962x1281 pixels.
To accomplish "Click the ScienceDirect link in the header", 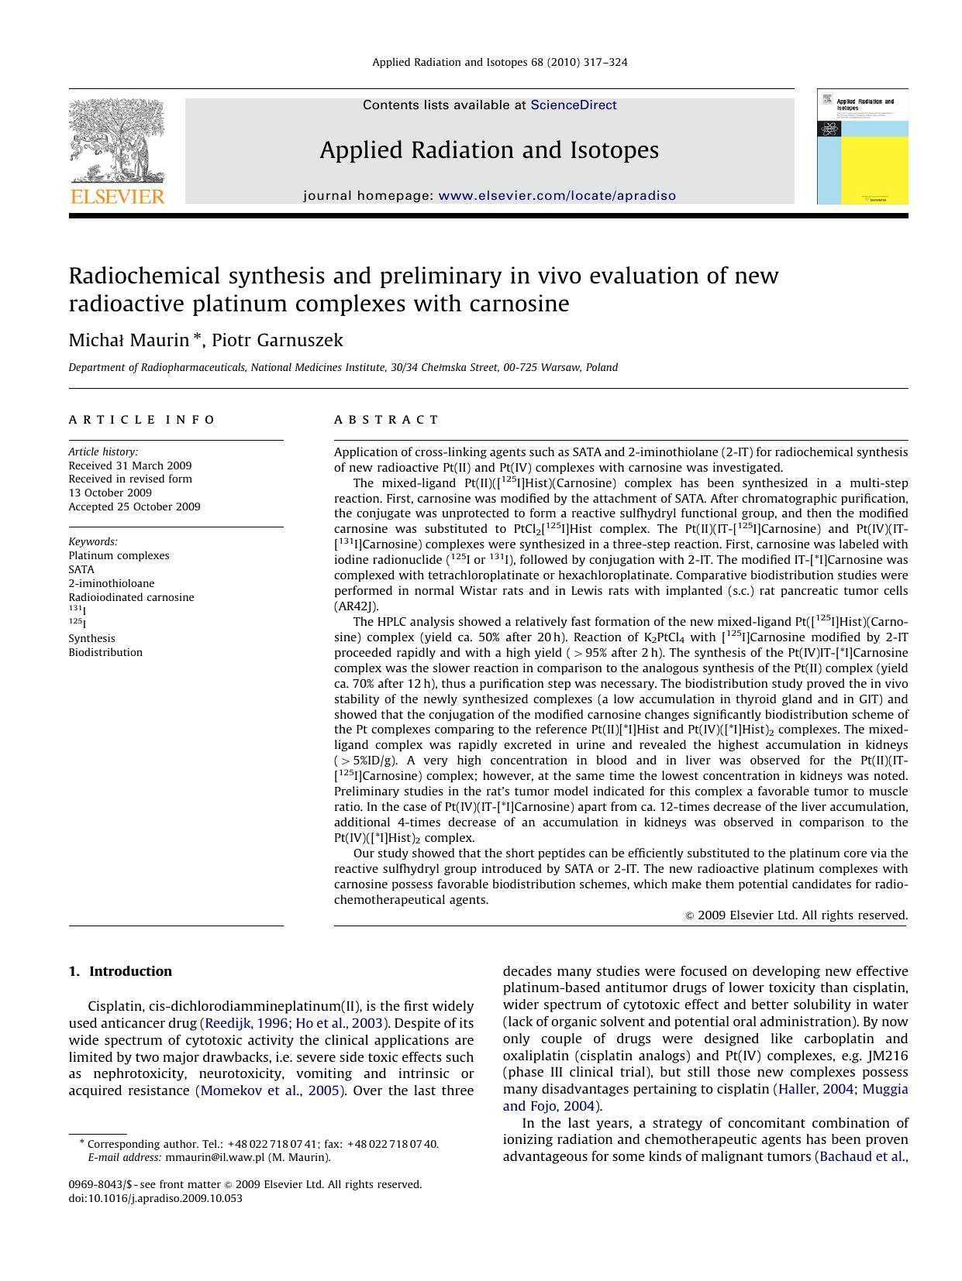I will [573, 105].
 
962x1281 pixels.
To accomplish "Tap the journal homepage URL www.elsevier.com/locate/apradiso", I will [557, 196].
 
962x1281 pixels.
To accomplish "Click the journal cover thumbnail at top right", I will [862, 146].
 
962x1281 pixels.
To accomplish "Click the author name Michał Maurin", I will [128, 340].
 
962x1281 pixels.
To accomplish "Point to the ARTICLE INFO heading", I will [142, 420].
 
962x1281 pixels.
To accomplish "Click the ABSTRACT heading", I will [386, 420].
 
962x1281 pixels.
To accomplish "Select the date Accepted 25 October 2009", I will [134, 507].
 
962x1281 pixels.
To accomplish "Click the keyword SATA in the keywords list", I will [81, 569].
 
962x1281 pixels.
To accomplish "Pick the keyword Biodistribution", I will [105, 652].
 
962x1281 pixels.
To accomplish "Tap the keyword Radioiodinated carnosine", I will [131, 597].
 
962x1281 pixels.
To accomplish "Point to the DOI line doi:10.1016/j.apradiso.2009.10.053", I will [155, 1198].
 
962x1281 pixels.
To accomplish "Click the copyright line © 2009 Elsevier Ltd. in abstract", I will [796, 915].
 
